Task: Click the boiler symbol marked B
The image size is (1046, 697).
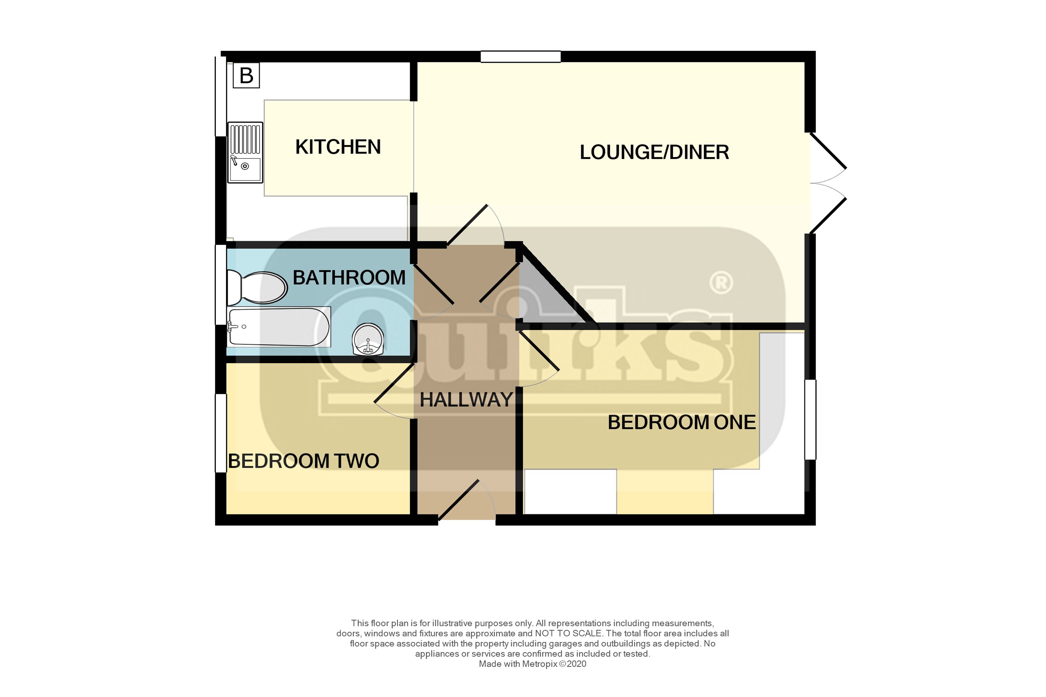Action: pos(246,76)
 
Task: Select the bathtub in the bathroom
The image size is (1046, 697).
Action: pos(279,327)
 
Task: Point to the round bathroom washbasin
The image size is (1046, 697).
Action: pos(368,339)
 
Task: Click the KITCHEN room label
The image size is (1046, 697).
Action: pos(338,147)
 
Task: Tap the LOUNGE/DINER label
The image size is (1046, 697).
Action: pos(654,153)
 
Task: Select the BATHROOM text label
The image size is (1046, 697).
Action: pos(349,278)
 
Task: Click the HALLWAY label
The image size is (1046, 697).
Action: pos(466,400)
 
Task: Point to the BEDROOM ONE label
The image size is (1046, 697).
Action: pos(681,422)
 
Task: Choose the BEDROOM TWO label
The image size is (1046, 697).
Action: pos(303,461)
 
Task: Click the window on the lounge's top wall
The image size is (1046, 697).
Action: pos(520,57)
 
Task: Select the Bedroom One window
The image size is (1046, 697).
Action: pos(810,419)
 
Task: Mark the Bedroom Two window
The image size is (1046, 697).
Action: pos(221,433)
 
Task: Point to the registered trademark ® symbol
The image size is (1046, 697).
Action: pos(721,283)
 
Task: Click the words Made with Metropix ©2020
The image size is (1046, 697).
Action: pos(532,664)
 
